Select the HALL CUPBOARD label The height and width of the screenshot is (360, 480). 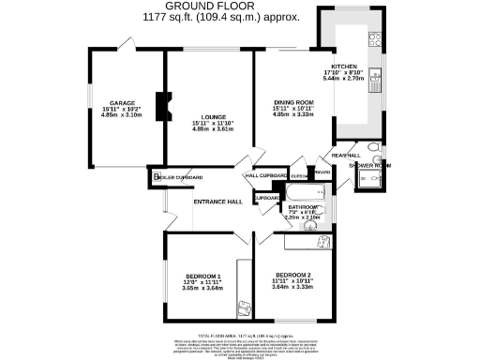[264, 176]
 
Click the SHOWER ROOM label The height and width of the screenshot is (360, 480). [368, 166]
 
